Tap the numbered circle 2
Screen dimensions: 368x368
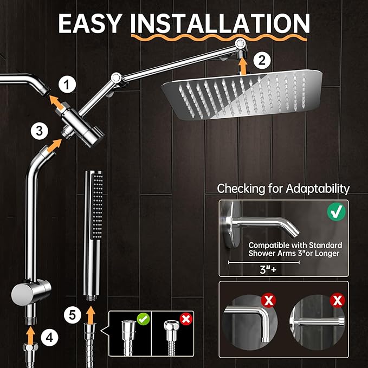pos(262,61)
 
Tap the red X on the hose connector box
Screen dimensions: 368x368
pos(185,319)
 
